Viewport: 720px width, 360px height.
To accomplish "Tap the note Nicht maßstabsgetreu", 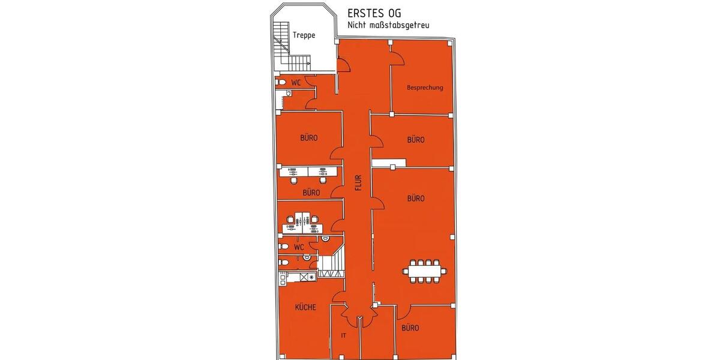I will pyautogui.click(x=388, y=25).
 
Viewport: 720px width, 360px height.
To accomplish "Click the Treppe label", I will pyautogui.click(x=304, y=35).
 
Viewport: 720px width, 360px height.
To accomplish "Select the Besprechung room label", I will pyautogui.click(x=425, y=88).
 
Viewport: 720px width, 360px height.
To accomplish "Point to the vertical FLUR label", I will pyautogui.click(x=358, y=181).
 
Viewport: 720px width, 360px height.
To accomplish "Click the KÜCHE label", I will pyautogui.click(x=305, y=308).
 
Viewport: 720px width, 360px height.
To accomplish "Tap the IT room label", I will pyautogui.click(x=344, y=336).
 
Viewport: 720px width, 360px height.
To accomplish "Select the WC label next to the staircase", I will pyautogui.click(x=296, y=82).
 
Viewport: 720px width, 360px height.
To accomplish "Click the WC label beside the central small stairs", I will pyautogui.click(x=299, y=247).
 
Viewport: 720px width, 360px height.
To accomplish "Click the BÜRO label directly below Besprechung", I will pyautogui.click(x=416, y=140).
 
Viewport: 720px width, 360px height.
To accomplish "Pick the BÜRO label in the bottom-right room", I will pyautogui.click(x=410, y=328).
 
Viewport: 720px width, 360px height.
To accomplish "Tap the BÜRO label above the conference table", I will pyautogui.click(x=416, y=198).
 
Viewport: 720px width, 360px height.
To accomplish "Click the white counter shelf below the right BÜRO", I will pyautogui.click(x=388, y=163).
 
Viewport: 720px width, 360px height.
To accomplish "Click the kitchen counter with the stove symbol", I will pyautogui.click(x=298, y=277).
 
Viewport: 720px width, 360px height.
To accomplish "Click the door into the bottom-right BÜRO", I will pyautogui.click(x=403, y=311).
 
